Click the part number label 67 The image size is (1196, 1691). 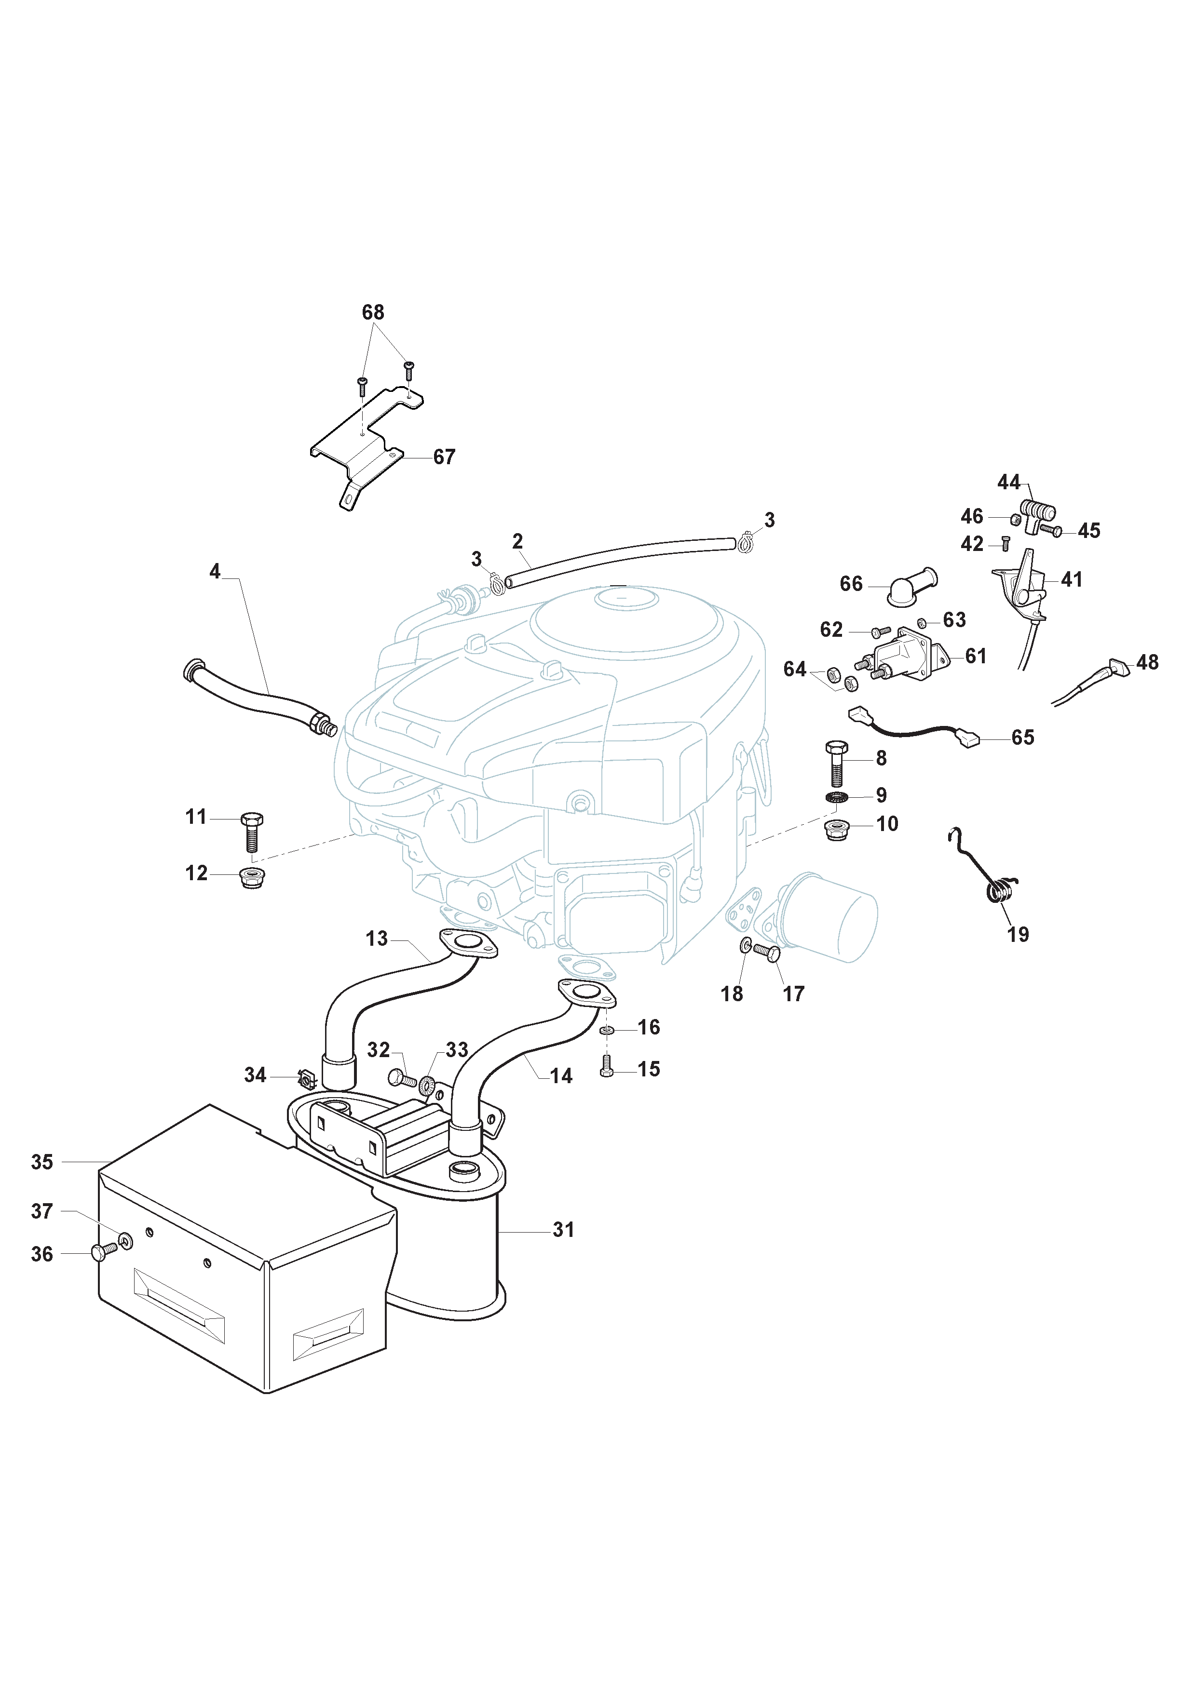tap(444, 457)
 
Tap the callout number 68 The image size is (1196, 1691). tap(373, 312)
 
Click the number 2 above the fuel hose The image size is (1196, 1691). tap(517, 541)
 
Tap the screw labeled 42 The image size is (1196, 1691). tap(1005, 544)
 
